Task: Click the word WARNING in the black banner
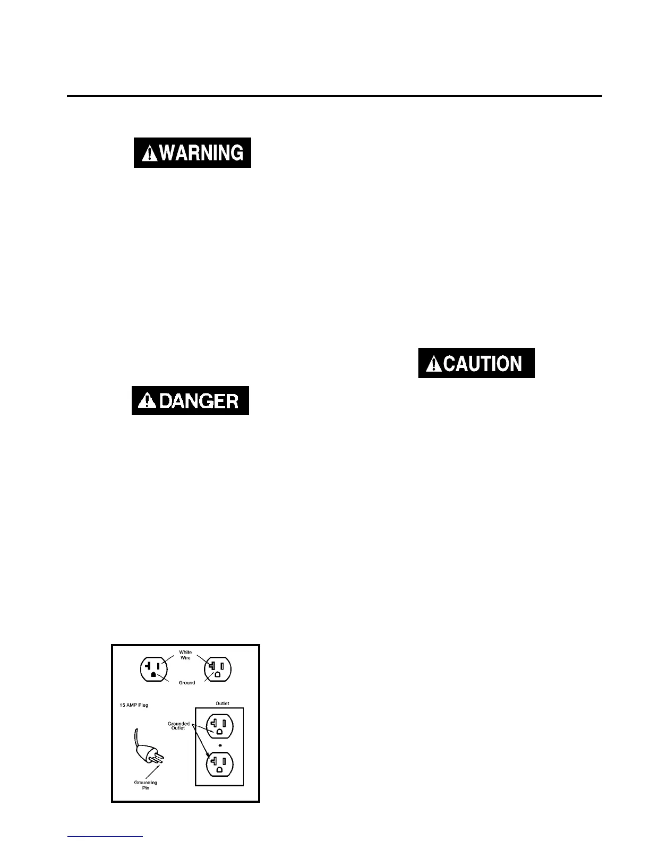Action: click(201, 153)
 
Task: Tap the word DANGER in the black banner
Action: click(199, 400)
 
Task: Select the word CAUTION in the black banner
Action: click(482, 364)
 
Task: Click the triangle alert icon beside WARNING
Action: click(151, 153)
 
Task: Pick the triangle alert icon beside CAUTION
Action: click(435, 364)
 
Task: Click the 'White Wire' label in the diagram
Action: click(185, 655)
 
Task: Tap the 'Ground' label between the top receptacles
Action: click(187, 682)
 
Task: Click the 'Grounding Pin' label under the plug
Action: click(146, 785)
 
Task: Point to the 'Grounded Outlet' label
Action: click(178, 725)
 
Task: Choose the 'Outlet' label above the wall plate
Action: click(223, 703)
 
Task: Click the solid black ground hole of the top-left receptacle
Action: click(153, 675)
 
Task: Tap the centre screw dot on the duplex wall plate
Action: click(219, 745)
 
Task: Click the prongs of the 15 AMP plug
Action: click(158, 758)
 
